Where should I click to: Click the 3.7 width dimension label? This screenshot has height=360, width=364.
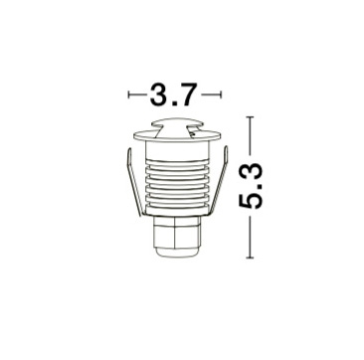[x=174, y=94]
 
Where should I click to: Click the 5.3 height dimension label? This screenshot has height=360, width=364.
[x=251, y=186]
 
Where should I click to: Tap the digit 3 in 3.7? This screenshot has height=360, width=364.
[x=159, y=94]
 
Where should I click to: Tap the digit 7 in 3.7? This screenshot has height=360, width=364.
[x=189, y=94]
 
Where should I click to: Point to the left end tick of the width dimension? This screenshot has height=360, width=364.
[x=128, y=94]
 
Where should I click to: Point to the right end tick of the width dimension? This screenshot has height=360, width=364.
[x=221, y=94]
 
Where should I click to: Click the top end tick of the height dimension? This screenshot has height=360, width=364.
[x=250, y=117]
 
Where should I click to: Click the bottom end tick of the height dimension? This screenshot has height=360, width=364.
[x=250, y=258]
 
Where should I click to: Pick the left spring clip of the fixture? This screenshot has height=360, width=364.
[x=135, y=182]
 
